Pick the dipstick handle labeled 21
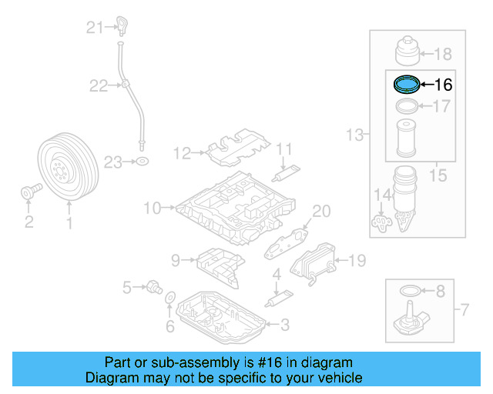[121, 25]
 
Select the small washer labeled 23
[143, 162]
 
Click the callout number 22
[98, 85]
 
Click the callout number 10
[152, 207]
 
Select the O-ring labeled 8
[411, 292]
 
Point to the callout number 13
[354, 135]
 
